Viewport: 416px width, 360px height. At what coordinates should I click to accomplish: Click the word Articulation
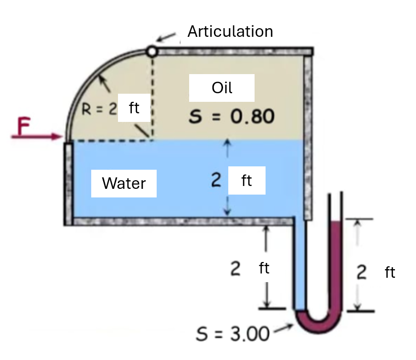(x=230, y=32)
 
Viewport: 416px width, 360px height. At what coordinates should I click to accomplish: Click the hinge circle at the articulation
(x=152, y=51)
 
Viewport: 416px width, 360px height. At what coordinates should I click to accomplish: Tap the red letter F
(x=23, y=126)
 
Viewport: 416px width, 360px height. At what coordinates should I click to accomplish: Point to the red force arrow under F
(x=37, y=136)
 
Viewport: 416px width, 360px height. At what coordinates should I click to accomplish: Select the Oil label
(x=222, y=87)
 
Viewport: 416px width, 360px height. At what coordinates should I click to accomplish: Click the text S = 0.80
(x=231, y=116)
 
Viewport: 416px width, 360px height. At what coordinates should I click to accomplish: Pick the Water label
(x=124, y=183)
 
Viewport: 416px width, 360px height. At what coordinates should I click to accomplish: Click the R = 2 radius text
(x=99, y=109)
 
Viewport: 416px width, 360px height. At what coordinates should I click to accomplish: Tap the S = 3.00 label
(x=233, y=334)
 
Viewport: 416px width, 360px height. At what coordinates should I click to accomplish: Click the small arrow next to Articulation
(x=166, y=37)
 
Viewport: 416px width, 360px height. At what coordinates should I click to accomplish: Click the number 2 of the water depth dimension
(x=216, y=180)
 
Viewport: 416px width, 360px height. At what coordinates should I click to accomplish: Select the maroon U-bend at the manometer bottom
(x=319, y=321)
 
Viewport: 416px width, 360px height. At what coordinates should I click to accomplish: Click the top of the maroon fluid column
(x=336, y=221)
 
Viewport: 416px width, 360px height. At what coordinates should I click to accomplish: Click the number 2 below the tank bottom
(x=235, y=268)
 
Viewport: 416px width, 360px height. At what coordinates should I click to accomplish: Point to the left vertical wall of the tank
(x=68, y=184)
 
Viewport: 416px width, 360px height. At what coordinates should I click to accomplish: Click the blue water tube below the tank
(x=300, y=264)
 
